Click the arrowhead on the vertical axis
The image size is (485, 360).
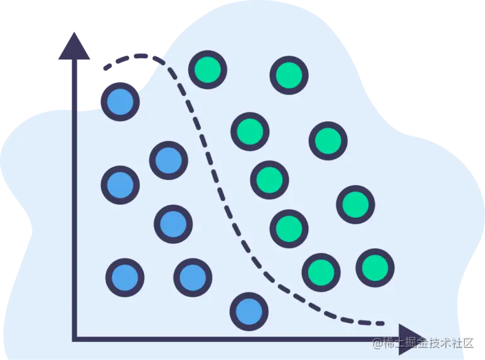pyautogui.click(x=74, y=47)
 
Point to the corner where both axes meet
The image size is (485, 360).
pyautogui.click(x=75, y=339)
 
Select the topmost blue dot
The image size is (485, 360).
pyautogui.click(x=120, y=101)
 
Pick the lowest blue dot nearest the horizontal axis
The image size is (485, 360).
pyautogui.click(x=249, y=311)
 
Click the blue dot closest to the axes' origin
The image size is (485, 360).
pyautogui.click(x=125, y=277)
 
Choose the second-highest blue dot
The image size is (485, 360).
pyautogui.click(x=169, y=160)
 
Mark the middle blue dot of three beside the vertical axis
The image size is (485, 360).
pyautogui.click(x=120, y=185)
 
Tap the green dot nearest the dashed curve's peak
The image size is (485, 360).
pyautogui.click(x=207, y=69)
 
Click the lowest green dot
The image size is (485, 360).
pyautogui.click(x=321, y=272)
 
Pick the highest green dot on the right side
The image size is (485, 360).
pyautogui.click(x=289, y=75)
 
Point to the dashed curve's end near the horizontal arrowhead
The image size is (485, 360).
pyautogui.click(x=383, y=323)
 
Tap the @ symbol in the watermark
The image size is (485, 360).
pyautogui.click(x=377, y=343)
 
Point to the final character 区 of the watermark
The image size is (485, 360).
pyautogui.click(x=467, y=343)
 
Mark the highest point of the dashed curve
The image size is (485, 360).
pyautogui.click(x=140, y=56)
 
